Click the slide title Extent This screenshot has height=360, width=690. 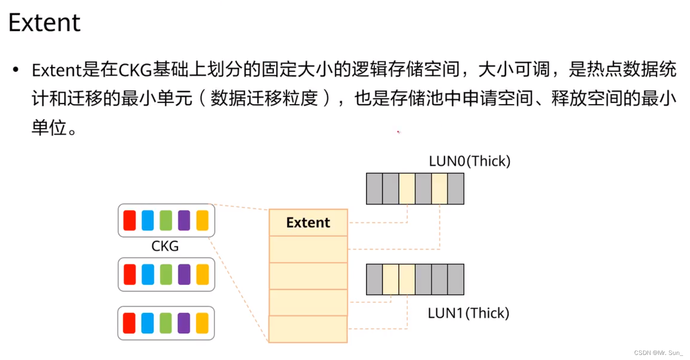[45, 23]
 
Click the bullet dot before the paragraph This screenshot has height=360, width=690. [17, 70]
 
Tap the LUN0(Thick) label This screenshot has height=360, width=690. [469, 161]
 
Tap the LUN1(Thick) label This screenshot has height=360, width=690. [468, 313]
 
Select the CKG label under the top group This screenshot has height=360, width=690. [165, 246]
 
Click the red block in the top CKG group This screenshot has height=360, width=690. [130, 221]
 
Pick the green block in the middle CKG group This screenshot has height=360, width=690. [166, 274]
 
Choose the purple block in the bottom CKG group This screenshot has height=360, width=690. [184, 323]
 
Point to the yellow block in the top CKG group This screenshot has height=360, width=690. [202, 221]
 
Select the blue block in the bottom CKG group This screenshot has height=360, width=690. [148, 323]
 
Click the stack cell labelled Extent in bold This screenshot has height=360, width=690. [308, 223]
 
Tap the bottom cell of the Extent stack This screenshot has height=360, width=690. [308, 329]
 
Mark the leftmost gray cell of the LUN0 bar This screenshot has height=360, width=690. [374, 189]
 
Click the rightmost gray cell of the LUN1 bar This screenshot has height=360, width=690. [456, 279]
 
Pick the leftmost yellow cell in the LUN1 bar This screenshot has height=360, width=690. [391, 279]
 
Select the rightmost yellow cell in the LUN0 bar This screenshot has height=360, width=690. [439, 189]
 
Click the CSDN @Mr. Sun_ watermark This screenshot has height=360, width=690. [659, 353]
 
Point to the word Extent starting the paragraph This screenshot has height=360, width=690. [56, 70]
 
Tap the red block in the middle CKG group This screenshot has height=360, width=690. [130, 274]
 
